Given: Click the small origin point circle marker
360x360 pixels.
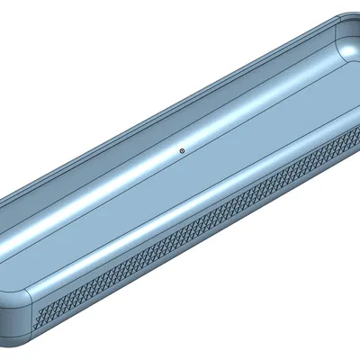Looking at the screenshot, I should click(x=182, y=151).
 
